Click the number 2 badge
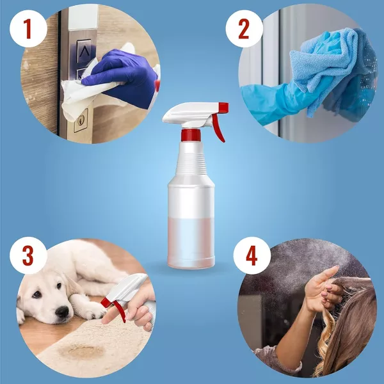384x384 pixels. pyautogui.click(x=244, y=28)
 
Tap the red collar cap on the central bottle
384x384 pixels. pyautogui.click(x=191, y=134)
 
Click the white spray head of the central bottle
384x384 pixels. pyautogui.click(x=186, y=113)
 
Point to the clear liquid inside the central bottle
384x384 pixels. pyautogui.click(x=191, y=240)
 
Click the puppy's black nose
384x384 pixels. pyautogui.click(x=63, y=312)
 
